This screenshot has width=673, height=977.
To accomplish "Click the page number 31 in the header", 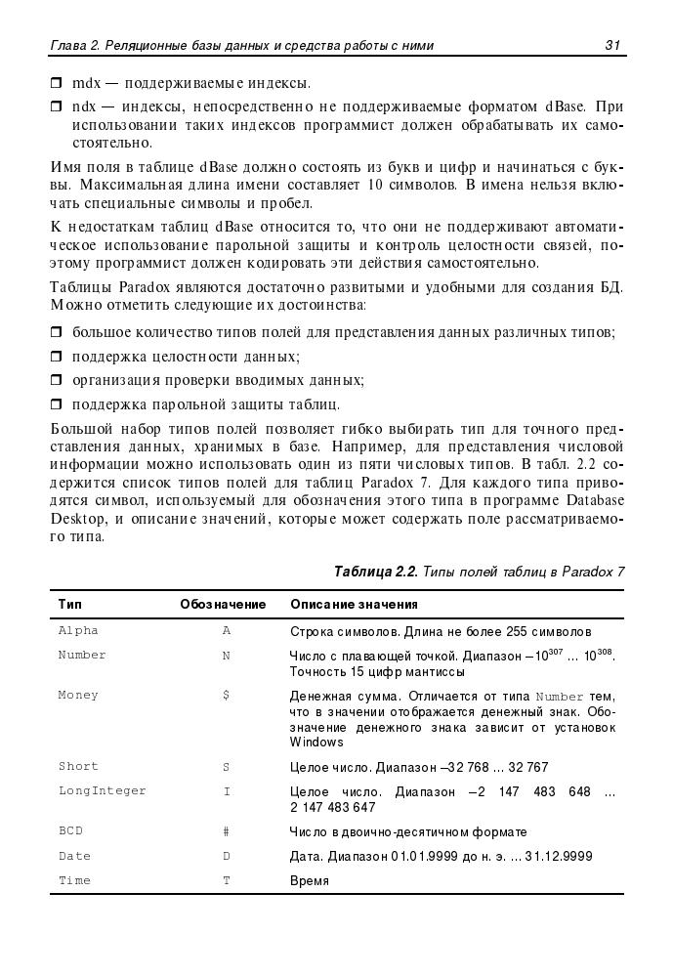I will (x=613, y=45).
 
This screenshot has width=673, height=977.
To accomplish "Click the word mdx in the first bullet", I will (x=84, y=83).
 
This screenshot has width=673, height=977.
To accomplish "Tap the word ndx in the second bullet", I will (x=84, y=106).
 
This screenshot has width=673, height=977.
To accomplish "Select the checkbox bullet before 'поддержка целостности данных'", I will (x=56, y=358).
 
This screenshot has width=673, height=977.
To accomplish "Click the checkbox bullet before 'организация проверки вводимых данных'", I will (x=56, y=380).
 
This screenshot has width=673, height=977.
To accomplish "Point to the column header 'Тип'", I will (x=69, y=605).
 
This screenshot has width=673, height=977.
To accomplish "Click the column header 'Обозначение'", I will (x=223, y=605).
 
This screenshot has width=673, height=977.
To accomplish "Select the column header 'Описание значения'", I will (x=354, y=605).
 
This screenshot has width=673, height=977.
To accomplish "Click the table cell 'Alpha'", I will (x=78, y=631).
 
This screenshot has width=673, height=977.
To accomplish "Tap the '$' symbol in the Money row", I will (x=226, y=696).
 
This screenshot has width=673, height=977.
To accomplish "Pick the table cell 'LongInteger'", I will (x=102, y=790).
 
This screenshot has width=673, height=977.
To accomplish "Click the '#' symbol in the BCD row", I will (x=226, y=831).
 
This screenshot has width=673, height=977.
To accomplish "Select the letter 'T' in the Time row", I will (x=226, y=880).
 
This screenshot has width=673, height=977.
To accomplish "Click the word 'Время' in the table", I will (x=310, y=880).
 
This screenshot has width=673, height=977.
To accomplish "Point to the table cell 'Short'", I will (x=78, y=767).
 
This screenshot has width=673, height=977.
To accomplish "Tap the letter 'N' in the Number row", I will (x=226, y=655).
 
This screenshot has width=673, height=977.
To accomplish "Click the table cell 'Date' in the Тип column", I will (x=74, y=856).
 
